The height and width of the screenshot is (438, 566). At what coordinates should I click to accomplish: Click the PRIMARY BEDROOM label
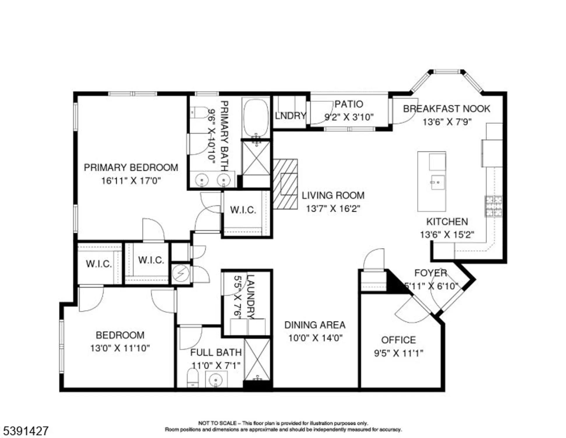point(131,167)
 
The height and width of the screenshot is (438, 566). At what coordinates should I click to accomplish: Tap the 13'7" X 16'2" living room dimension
point(333,208)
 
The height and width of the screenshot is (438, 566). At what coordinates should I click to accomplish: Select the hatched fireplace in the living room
point(285,184)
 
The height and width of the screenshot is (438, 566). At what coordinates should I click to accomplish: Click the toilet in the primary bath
point(198,112)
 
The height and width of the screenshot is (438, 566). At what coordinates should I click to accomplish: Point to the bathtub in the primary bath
point(256,118)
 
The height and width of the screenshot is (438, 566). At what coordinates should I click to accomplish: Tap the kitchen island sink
point(438,182)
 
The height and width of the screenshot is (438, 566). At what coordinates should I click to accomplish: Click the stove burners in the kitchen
point(494,206)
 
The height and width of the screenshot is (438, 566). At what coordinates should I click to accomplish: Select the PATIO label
point(349,104)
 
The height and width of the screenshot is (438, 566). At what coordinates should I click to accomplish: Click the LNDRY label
point(290,116)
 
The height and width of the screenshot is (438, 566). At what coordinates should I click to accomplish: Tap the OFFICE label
point(398,340)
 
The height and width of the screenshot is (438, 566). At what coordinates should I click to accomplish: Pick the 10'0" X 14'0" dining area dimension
point(315,338)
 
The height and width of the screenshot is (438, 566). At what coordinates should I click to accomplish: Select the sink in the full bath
point(216,380)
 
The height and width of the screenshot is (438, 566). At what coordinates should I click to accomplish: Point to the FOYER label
point(431,273)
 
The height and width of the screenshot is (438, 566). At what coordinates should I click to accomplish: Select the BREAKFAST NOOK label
point(446,109)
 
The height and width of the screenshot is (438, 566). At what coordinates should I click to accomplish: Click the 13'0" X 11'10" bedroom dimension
point(120,348)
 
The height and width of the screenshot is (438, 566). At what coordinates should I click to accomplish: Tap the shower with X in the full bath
point(257,360)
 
